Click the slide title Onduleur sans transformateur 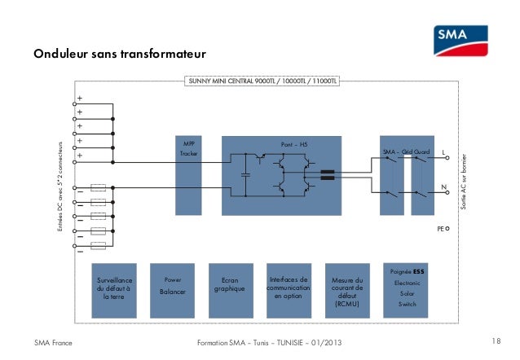coord(120,55)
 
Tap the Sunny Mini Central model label coord(262,82)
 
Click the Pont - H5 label coord(293,144)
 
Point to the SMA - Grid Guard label coord(406,152)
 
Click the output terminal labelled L coord(443,151)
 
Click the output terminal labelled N coord(443,187)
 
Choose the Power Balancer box coord(173,289)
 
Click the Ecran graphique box coord(230,289)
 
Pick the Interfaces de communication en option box coord(288,289)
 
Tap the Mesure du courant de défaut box coord(346,289)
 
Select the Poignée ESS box coord(407,289)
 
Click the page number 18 coord(498,340)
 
